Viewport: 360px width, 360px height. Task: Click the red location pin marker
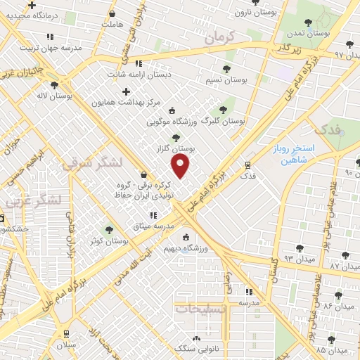pos(181,167)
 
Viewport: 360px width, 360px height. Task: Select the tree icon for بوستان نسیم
pos(226,69)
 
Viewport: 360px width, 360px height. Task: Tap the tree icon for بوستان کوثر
pos(109,229)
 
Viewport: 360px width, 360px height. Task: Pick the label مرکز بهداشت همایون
pos(127,103)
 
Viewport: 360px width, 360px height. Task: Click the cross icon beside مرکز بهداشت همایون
pos(127,91)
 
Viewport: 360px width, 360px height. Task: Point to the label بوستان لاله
pos(52,94)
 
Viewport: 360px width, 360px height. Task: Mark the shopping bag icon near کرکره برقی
pos(144,175)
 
